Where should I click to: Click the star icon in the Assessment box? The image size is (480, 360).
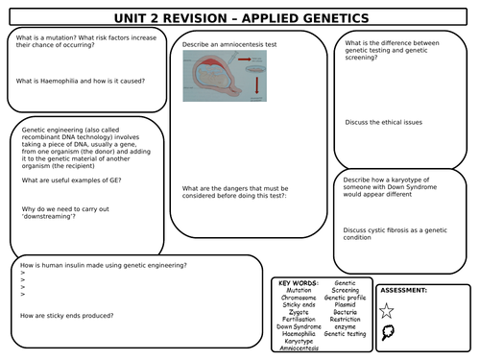[387, 310]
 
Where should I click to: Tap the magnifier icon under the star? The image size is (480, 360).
[387, 333]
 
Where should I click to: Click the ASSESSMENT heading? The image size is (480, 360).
[404, 289]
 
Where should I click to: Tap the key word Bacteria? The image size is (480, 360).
[344, 312]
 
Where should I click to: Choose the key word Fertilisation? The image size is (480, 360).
[298, 319]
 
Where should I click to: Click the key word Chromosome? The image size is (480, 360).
[298, 298]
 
